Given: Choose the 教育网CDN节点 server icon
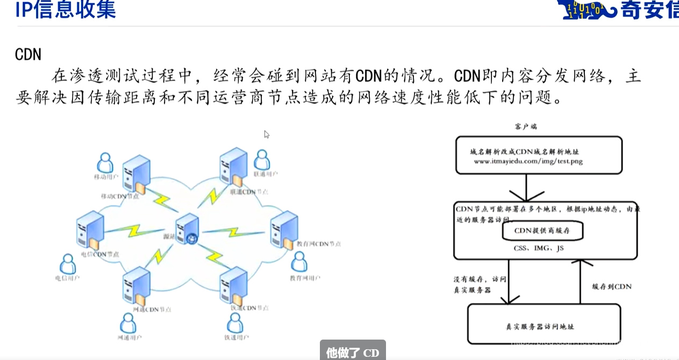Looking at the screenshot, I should click(x=284, y=229).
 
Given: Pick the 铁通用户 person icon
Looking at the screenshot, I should click(x=235, y=323).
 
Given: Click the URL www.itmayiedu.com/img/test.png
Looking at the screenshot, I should click(x=528, y=161).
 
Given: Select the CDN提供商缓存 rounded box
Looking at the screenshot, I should click(x=542, y=231).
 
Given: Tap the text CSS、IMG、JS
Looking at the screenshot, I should click(x=539, y=248).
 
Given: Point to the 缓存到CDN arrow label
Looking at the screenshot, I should click(x=611, y=287).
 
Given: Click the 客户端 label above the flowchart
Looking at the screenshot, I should click(x=526, y=127).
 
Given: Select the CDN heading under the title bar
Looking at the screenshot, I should click(x=28, y=54).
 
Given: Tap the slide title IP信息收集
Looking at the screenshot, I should click(x=66, y=10).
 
